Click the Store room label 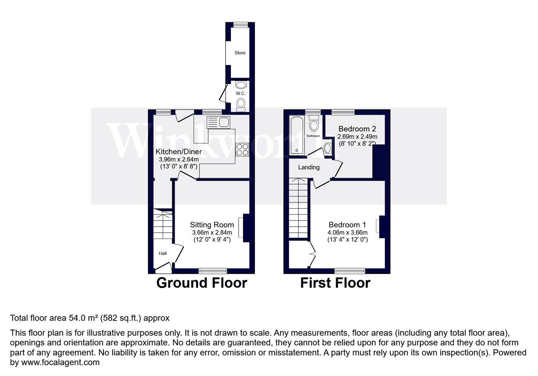click(240, 53)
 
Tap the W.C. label click(241, 93)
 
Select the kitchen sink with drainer click(218, 122)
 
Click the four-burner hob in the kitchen click(242, 149)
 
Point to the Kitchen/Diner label click(179, 151)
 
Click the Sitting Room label click(212, 225)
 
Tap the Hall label click(163, 253)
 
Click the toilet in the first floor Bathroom click(314, 123)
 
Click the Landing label click(309, 167)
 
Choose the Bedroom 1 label click(347, 225)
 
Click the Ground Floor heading click(202, 283)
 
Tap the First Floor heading click(335, 283)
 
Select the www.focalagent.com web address click(60, 362)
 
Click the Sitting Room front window click(213, 271)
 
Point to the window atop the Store click(241, 25)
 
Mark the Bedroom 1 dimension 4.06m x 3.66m click(347, 232)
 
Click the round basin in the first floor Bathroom click(327, 148)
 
